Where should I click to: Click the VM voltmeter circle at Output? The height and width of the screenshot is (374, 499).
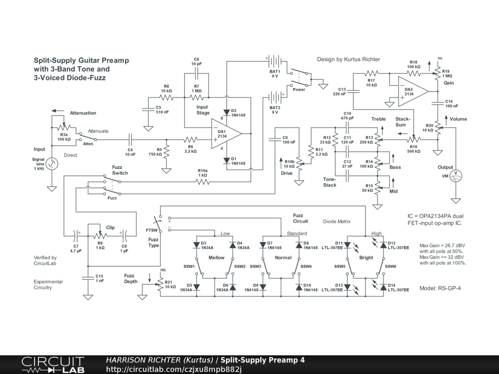click(x=456, y=175)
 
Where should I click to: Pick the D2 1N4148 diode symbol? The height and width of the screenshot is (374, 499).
click(x=227, y=112)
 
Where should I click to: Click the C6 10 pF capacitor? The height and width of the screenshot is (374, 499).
click(x=197, y=73)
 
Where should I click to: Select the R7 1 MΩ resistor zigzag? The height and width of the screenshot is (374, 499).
click(x=196, y=97)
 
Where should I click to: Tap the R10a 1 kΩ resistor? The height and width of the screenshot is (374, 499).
click(x=203, y=182)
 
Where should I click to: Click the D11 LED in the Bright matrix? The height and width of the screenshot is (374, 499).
click(x=347, y=245)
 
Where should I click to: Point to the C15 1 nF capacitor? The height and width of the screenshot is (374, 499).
click(x=88, y=278)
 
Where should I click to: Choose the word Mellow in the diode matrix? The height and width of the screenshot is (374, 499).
click(x=216, y=258)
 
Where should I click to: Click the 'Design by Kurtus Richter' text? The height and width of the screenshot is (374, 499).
click(x=348, y=59)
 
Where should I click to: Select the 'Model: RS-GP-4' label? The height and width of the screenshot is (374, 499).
click(x=440, y=288)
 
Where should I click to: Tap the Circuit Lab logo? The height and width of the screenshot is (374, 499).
click(x=53, y=365)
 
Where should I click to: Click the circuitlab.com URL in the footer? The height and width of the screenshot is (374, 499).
click(x=174, y=369)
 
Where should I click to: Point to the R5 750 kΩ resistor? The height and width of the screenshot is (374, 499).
click(x=167, y=152)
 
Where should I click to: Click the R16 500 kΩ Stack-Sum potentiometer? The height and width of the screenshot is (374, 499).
click(x=413, y=139)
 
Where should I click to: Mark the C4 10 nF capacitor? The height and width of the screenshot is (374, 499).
click(x=130, y=139)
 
